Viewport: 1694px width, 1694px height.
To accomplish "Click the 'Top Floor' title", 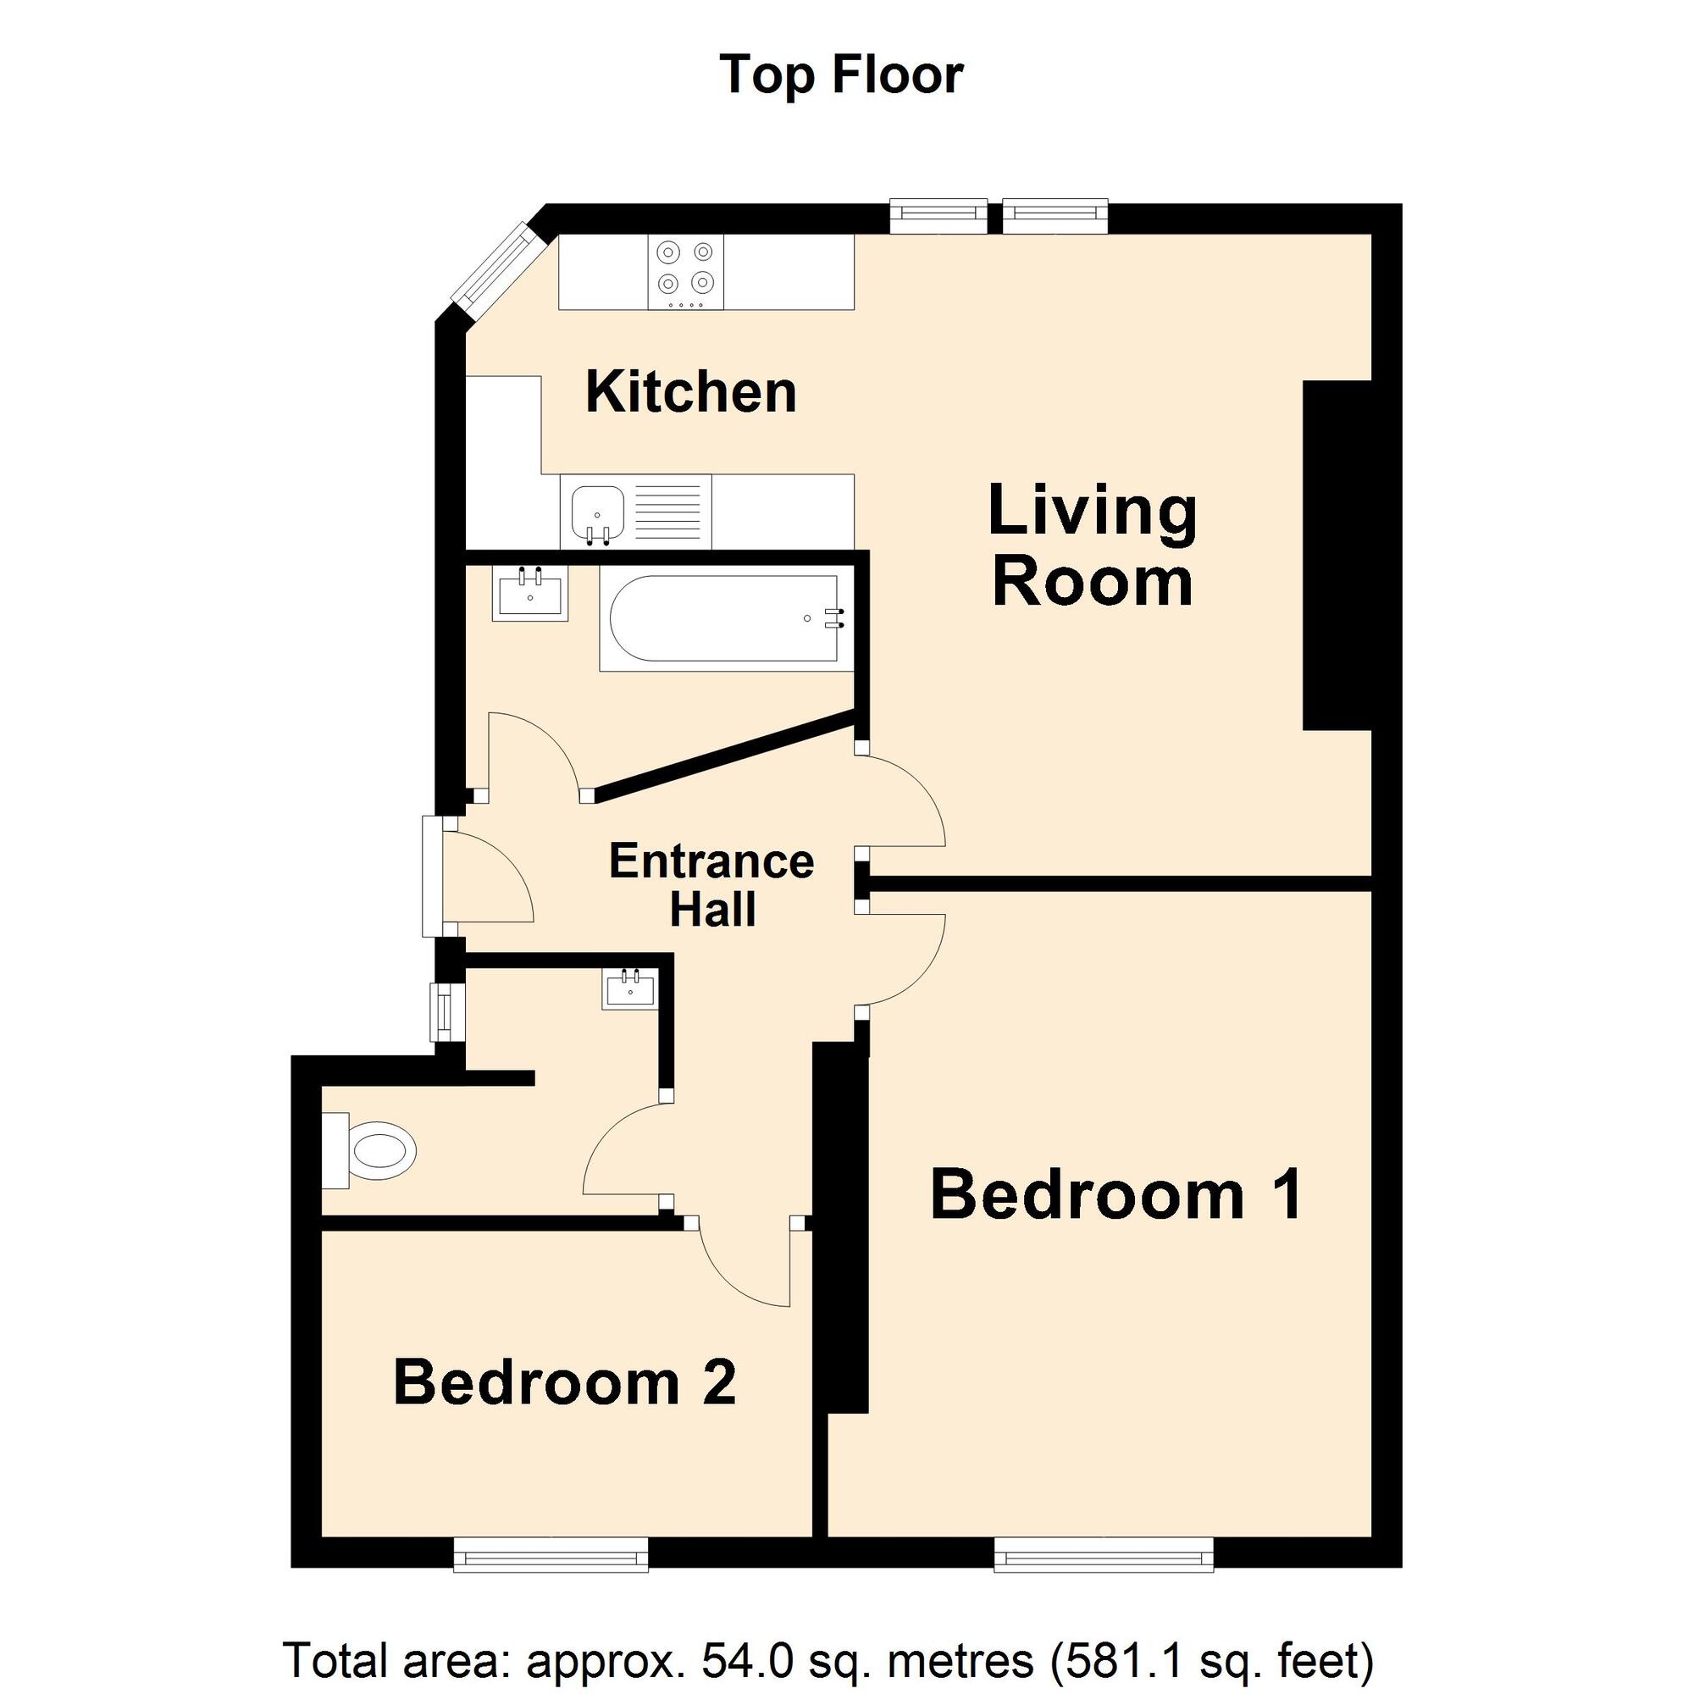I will pos(841,75).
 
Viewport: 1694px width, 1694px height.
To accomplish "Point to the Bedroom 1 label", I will pos(1115,1194).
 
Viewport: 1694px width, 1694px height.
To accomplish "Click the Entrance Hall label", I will pos(711,885).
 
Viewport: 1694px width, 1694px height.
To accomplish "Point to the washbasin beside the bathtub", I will pos(529,593).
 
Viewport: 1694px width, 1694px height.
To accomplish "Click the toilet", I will pos(371,1150).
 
